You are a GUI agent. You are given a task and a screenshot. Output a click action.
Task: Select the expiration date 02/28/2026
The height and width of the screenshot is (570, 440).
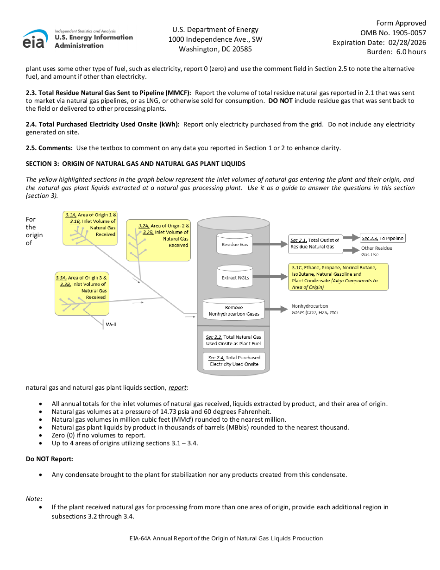[408, 42]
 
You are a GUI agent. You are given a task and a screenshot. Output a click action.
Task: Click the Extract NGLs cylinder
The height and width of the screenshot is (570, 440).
[234, 277]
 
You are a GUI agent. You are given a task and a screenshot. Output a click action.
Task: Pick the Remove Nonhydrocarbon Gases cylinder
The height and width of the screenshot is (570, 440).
[234, 310]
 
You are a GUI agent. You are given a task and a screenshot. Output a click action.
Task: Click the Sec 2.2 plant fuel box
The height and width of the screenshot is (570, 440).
[234, 340]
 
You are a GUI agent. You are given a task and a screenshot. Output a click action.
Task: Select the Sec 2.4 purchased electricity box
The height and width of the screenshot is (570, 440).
[234, 361]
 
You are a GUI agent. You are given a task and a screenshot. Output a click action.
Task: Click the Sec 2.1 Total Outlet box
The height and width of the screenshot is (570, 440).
[315, 244]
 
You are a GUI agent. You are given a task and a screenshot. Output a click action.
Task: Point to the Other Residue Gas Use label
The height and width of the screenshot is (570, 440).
[376, 251]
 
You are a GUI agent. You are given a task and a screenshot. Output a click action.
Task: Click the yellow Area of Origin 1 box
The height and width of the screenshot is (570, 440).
[90, 228]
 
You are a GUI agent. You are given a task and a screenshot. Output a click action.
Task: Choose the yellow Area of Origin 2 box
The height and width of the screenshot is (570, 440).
[158, 240]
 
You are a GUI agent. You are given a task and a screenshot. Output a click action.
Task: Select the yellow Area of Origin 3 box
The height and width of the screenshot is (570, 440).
[82, 293]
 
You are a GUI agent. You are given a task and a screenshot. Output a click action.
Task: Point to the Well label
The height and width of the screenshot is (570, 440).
[111, 324]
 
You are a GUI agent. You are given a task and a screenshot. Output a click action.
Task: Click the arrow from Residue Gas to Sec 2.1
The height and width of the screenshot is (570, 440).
[270, 244]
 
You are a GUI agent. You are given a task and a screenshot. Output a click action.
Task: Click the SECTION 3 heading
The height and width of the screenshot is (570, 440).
[135, 164]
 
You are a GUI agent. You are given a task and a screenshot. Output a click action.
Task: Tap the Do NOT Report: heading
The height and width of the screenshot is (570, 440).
[49, 459]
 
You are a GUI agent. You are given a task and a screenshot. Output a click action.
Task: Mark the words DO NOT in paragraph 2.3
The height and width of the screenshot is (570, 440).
[280, 101]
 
